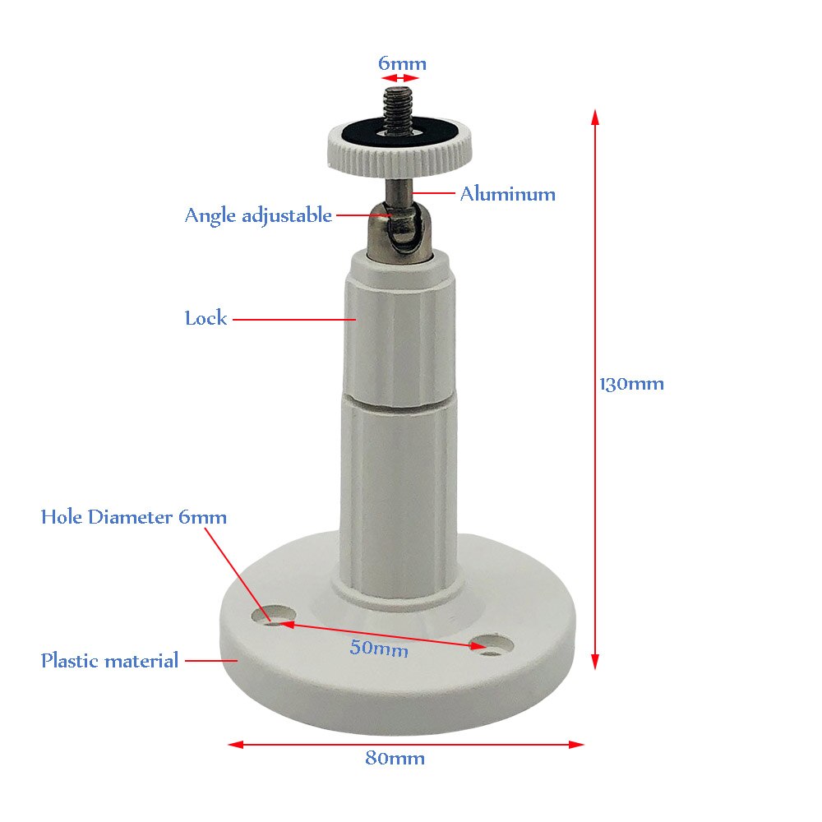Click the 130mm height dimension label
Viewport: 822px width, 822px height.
(x=631, y=383)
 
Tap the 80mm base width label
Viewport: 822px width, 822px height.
(x=395, y=758)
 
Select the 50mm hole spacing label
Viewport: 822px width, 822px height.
(x=379, y=648)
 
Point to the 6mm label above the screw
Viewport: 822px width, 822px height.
(x=402, y=63)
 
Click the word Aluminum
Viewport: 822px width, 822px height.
(x=507, y=194)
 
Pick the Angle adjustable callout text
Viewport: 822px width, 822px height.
(x=258, y=215)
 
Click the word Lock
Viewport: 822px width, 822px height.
(x=205, y=318)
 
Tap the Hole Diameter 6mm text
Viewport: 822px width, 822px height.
(x=134, y=517)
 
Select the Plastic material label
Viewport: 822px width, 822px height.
(x=109, y=660)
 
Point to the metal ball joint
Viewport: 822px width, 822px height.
(x=402, y=231)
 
